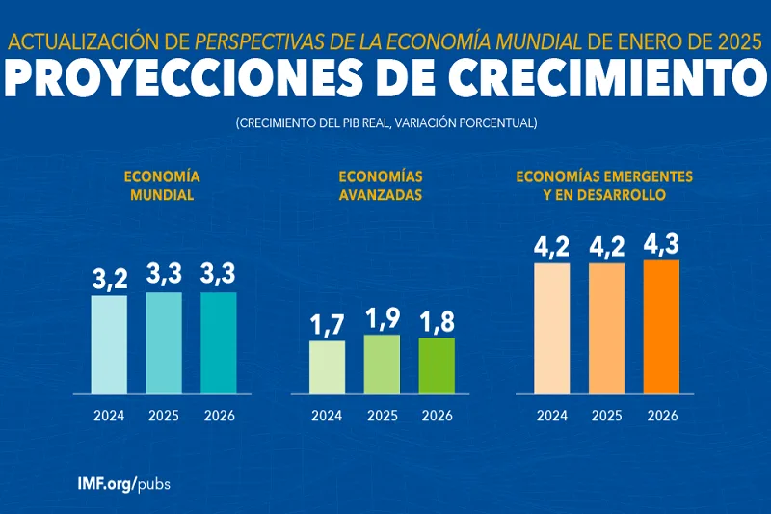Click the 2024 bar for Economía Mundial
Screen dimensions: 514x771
point(109,344)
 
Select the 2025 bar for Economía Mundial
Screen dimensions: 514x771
point(164,342)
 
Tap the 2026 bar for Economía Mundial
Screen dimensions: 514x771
point(219,342)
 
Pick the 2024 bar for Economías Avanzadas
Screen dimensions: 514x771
point(327,367)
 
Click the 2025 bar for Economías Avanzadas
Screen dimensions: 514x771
point(382,365)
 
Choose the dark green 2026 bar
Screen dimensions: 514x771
point(437,365)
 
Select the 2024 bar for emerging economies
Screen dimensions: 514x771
point(551,328)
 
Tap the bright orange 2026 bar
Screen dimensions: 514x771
point(662,327)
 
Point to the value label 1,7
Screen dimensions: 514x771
point(327,325)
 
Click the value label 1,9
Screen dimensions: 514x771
point(382,318)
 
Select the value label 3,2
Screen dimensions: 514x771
point(109,279)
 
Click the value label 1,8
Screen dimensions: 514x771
point(437,321)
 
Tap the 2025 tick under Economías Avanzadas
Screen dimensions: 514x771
point(382,417)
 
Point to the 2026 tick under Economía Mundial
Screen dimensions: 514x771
point(219,417)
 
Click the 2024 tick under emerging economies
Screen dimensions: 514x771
point(551,417)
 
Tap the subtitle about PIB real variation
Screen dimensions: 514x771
point(385,123)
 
